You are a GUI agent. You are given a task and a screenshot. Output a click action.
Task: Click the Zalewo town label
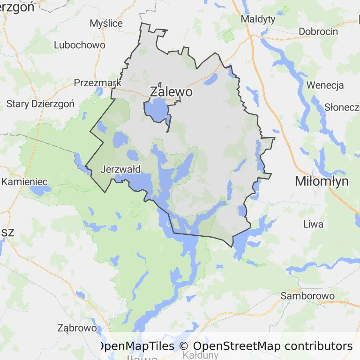click(171, 92)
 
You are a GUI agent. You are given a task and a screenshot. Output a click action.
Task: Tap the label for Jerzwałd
click(120, 170)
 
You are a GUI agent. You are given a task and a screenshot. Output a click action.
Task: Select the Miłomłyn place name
click(322, 181)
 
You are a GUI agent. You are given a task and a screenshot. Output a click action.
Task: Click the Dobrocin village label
click(318, 32)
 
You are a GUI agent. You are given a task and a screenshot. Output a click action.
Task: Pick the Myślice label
click(106, 23)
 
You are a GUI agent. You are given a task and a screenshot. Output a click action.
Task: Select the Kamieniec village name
click(23, 181)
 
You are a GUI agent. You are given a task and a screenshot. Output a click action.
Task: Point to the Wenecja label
click(325, 85)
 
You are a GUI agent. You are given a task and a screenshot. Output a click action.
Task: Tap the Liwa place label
click(313, 224)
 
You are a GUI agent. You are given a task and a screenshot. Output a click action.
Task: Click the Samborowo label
click(307, 296)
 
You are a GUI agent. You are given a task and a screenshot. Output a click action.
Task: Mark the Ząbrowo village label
click(77, 328)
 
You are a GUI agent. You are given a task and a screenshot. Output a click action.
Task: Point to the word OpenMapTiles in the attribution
click(136, 346)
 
